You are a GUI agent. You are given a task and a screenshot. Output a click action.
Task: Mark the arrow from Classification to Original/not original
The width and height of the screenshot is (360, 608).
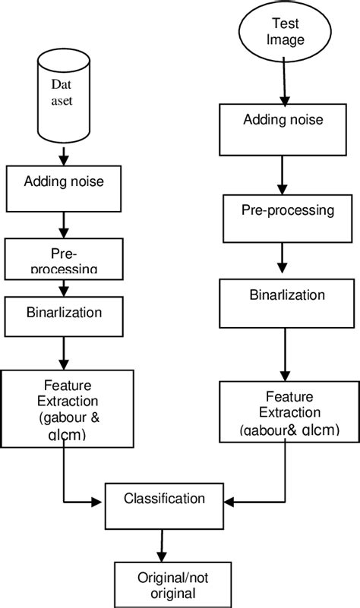[159, 547]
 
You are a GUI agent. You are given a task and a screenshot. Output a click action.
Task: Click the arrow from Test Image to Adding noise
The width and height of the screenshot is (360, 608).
[286, 83]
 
